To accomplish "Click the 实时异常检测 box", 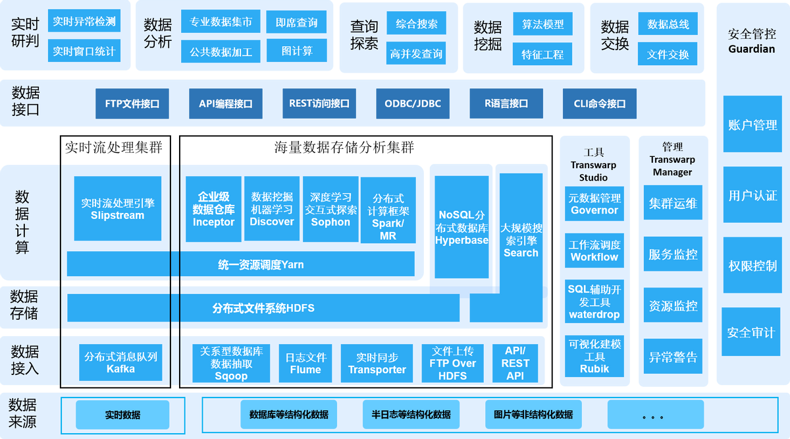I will [x=84, y=22].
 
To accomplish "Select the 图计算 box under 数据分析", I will [x=297, y=51].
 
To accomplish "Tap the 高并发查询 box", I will [x=416, y=54].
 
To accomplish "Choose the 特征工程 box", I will [x=542, y=55].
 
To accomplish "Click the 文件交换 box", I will [x=668, y=55].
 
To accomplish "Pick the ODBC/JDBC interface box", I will [x=413, y=103].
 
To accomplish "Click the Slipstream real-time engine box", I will [x=117, y=208].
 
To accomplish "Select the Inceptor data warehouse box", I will [x=213, y=208].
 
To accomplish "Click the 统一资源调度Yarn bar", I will [x=241, y=264].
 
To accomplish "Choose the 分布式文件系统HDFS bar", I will [x=263, y=308].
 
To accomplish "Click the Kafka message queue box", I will [x=120, y=363].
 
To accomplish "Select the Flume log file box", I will [x=305, y=363].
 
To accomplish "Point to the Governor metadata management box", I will [x=594, y=204].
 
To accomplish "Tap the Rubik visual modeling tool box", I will [x=594, y=356].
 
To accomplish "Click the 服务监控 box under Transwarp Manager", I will [x=673, y=254].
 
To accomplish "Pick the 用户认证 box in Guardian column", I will [x=752, y=195].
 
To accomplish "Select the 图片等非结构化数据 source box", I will [x=533, y=415].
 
